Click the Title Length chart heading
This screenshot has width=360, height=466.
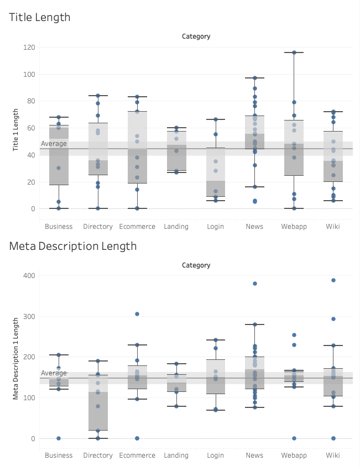tap(40, 17)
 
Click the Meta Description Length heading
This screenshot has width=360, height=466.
tap(72, 246)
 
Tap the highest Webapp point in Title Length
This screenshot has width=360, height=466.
tap(294, 53)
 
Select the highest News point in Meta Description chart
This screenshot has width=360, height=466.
tap(255, 284)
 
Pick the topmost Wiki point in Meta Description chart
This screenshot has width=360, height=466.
tap(333, 280)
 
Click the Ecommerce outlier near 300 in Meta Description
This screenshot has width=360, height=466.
tap(137, 314)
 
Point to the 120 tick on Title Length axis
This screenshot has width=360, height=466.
tap(29, 48)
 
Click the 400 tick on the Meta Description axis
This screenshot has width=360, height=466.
tap(29, 276)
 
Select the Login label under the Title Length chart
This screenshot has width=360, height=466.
tap(215, 227)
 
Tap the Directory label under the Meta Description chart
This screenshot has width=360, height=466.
tap(98, 455)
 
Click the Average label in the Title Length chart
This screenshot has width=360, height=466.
tap(54, 144)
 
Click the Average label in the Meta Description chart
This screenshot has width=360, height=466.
tap(54, 373)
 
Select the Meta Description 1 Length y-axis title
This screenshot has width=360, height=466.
tap(17, 358)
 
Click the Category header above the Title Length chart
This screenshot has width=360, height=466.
tap(196, 36)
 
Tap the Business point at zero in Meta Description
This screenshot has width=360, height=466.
tap(59, 438)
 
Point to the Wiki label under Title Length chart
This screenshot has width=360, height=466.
tap(333, 227)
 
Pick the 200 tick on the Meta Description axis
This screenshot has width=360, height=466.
tap(29, 357)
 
